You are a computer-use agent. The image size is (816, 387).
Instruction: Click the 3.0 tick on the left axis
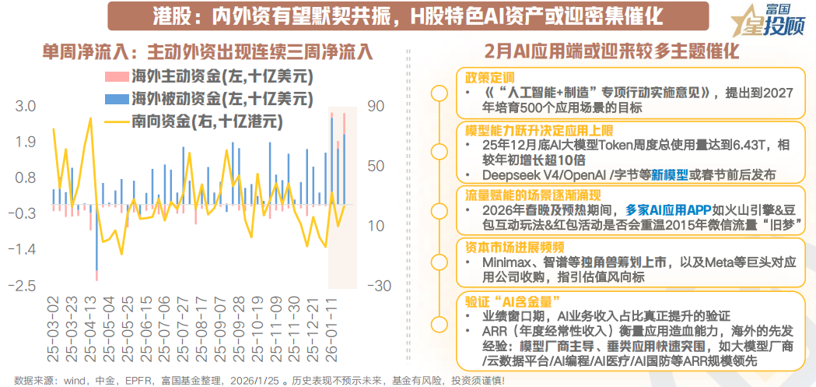(x=26, y=106)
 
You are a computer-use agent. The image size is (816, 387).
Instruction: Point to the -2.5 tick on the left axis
(x=22, y=286)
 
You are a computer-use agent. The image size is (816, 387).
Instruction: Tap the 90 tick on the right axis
(x=377, y=106)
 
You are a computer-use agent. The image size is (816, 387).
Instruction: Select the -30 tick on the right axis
(x=380, y=286)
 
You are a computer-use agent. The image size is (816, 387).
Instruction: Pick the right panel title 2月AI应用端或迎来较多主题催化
(x=611, y=52)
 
